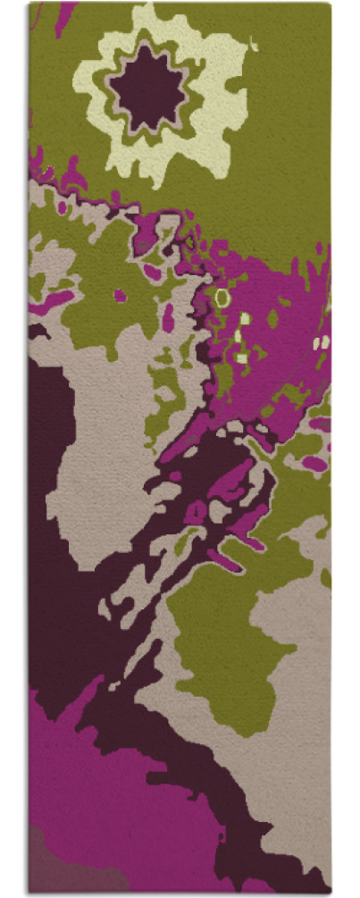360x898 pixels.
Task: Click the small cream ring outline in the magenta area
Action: point(222,297)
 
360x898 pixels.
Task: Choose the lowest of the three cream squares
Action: point(241,358)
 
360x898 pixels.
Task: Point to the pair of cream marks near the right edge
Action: point(322,342)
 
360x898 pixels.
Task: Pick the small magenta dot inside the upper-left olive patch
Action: point(120,296)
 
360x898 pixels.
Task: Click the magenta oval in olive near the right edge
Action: point(314,463)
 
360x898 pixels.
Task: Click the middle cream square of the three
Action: point(239,338)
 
